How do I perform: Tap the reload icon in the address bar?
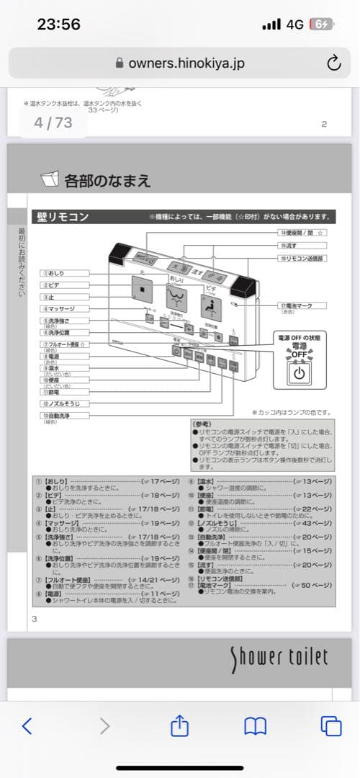pyautogui.click(x=333, y=63)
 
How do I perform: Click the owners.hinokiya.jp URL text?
pyautogui.click(x=186, y=63)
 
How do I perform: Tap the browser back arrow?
pyautogui.click(x=27, y=725)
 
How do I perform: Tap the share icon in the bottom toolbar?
pyautogui.click(x=179, y=725)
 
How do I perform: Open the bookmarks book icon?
pyautogui.click(x=256, y=725)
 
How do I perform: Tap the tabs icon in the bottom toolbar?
pyautogui.click(x=331, y=725)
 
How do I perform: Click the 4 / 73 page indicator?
pyautogui.click(x=53, y=122)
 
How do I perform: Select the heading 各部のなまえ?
pyautogui.click(x=107, y=179)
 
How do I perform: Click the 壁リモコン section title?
pyautogui.click(x=62, y=216)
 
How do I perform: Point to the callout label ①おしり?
pyautogui.click(x=64, y=274)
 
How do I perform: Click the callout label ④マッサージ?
pyautogui.click(x=64, y=308)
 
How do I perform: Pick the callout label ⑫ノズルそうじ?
pyautogui.click(x=64, y=403)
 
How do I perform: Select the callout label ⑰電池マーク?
pyautogui.click(x=295, y=305)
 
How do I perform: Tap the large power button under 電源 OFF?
pyautogui.click(x=300, y=374)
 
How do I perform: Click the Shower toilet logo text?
pyautogui.click(x=279, y=657)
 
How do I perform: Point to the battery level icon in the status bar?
pyautogui.click(x=320, y=24)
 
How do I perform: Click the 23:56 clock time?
pyautogui.click(x=59, y=24)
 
